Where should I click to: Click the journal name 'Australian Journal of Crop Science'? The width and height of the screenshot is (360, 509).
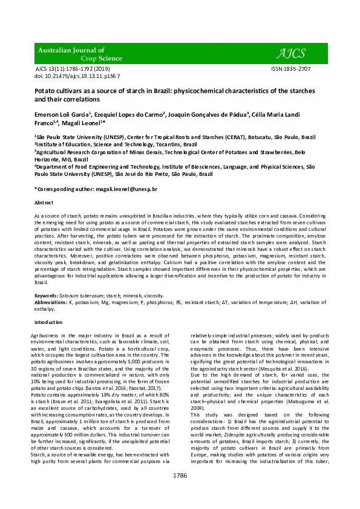click(72, 54)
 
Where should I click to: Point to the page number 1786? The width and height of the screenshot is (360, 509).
click(180, 492)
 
